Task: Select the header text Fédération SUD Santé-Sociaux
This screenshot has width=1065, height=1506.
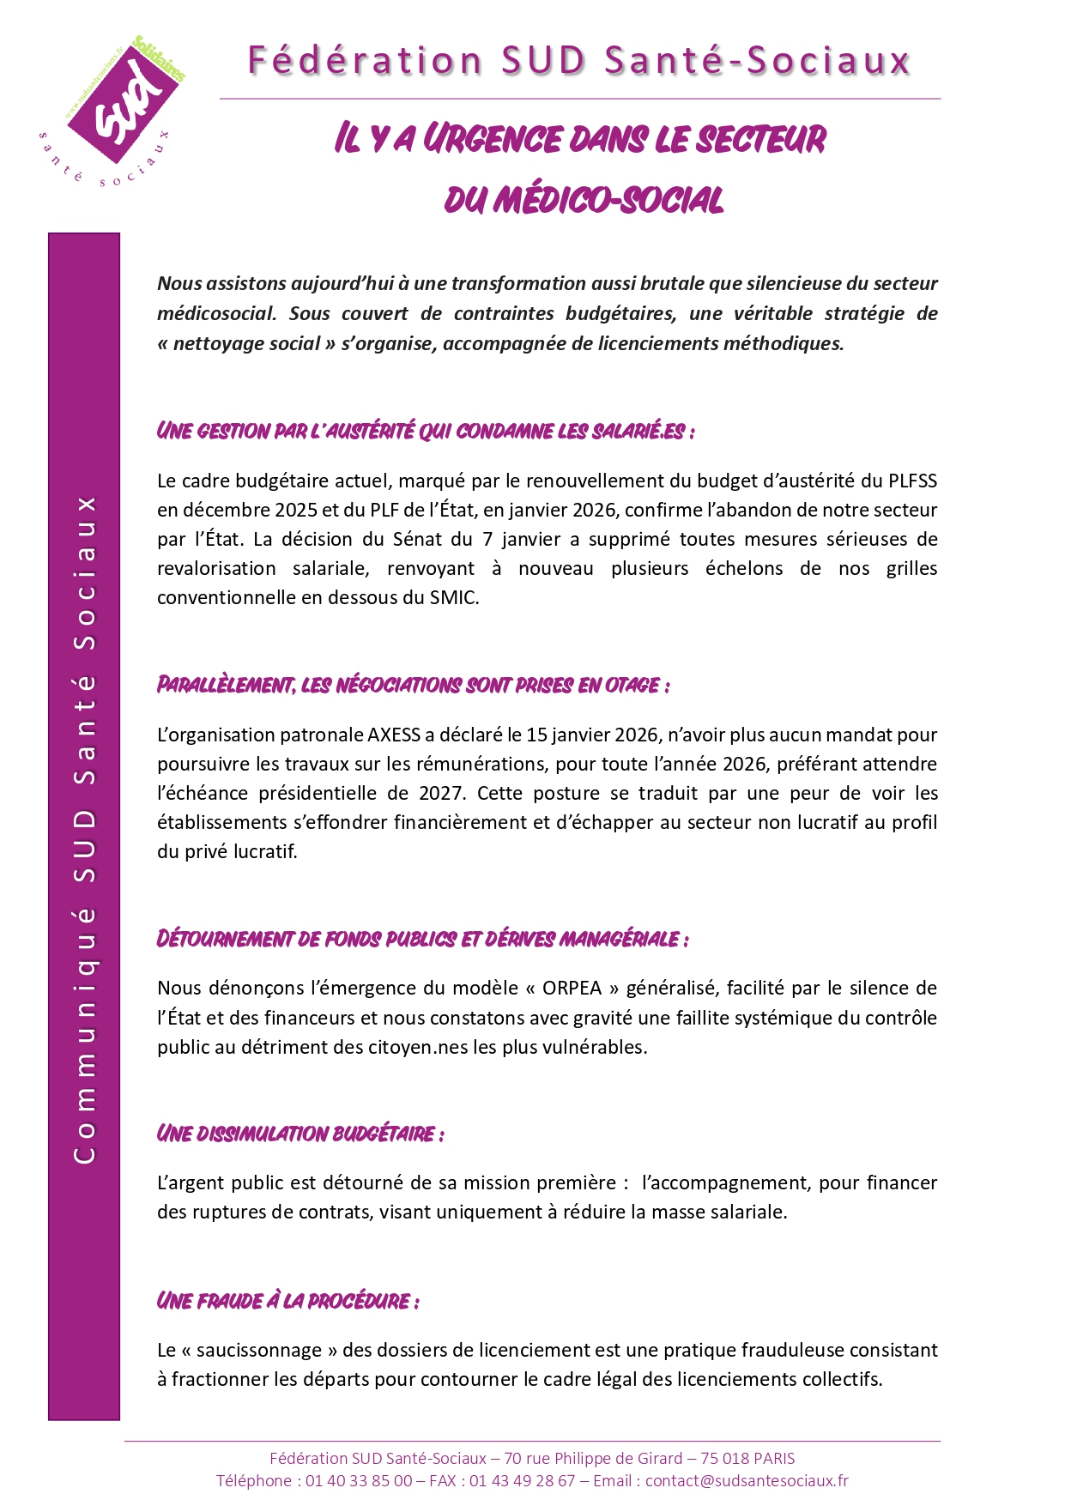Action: [579, 61]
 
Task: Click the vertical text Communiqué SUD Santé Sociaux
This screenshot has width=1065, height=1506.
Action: [84, 828]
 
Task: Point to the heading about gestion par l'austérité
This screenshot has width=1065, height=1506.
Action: [425, 431]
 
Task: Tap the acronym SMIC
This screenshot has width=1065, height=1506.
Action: [453, 597]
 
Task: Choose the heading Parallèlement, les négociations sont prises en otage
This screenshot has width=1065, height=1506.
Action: [413, 685]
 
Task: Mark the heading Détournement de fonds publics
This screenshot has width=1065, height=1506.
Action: [421, 939]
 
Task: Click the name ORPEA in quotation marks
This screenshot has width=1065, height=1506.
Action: [572, 988]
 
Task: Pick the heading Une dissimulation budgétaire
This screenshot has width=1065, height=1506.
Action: [300, 1134]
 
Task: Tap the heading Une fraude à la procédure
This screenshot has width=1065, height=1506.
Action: [287, 1301]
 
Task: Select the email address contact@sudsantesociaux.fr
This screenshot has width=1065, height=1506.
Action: [747, 1480]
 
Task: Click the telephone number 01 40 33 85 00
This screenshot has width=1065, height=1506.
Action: [359, 1480]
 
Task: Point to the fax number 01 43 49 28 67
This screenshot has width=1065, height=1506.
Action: [522, 1480]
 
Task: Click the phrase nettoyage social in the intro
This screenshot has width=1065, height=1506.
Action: [246, 343]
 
